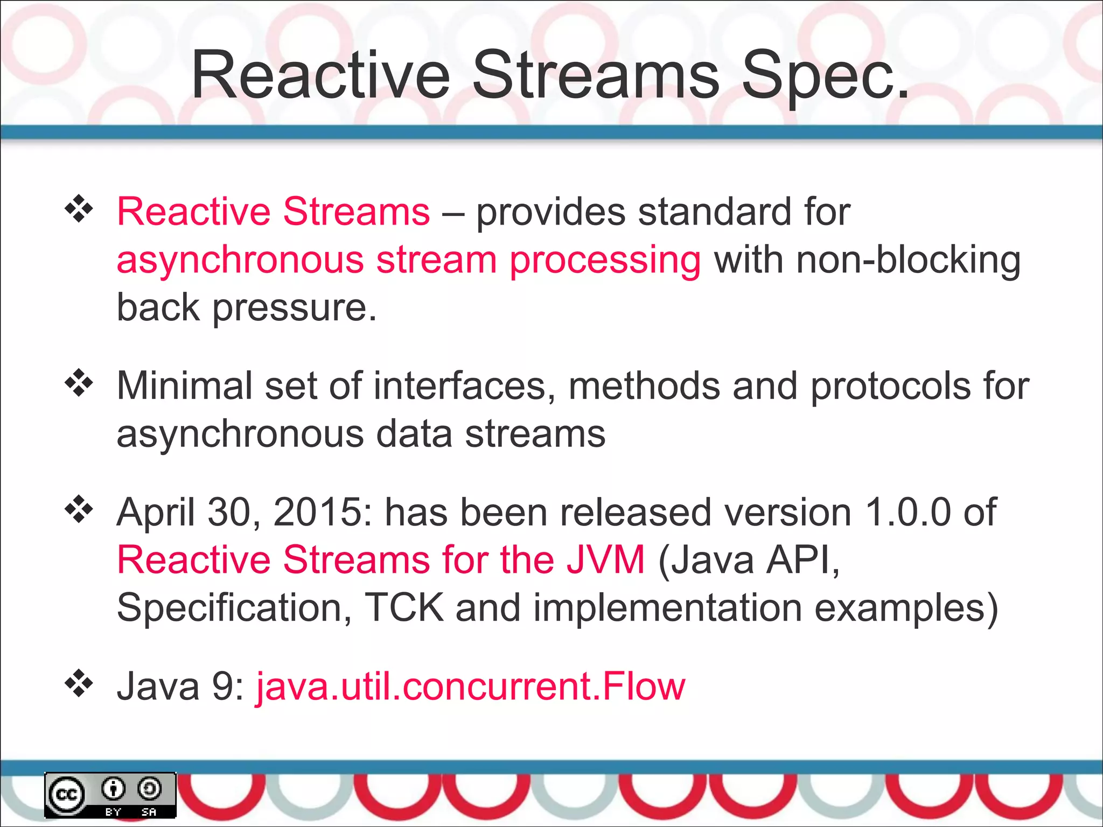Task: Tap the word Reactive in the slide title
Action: (x=320, y=75)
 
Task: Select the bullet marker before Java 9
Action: (x=79, y=684)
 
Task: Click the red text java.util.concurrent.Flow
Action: (x=470, y=686)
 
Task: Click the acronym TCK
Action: (x=404, y=607)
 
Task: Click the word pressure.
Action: (x=294, y=308)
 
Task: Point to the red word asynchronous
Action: (x=240, y=260)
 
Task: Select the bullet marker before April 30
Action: (x=79, y=509)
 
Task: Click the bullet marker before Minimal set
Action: (x=79, y=383)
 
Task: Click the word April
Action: (x=156, y=511)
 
